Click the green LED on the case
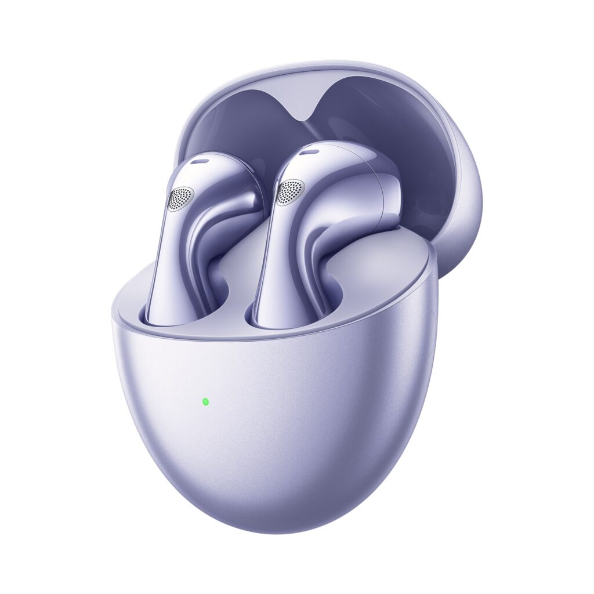[x=205, y=401]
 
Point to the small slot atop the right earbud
[x=311, y=152]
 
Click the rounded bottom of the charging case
[x=278, y=499]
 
